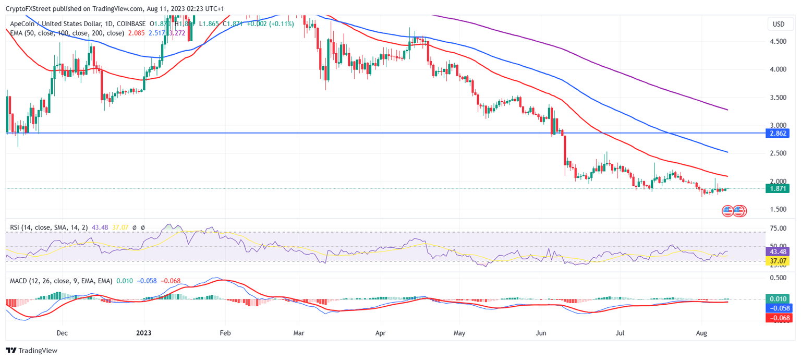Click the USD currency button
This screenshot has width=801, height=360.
pos(779,24)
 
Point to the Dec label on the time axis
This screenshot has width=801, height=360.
pos(62,332)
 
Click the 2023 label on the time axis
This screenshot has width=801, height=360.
pos(143,332)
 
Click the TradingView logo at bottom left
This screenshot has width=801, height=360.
pos(31,351)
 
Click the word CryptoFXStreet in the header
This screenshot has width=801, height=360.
pos(29,9)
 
